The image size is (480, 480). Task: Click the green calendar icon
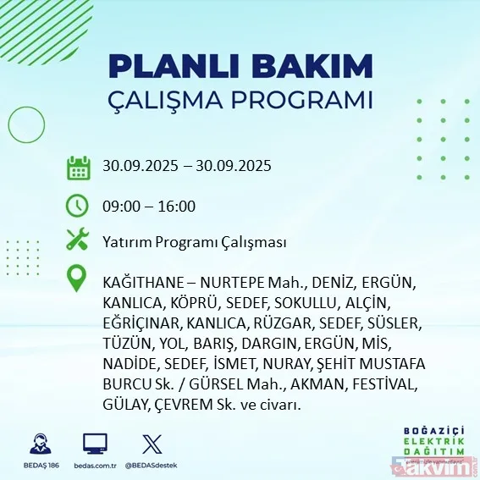click(78, 167)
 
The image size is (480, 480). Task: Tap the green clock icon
click(78, 205)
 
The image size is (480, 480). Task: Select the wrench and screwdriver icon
click(78, 240)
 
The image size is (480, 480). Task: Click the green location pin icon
click(78, 279)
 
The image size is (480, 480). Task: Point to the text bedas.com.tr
click(95, 465)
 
